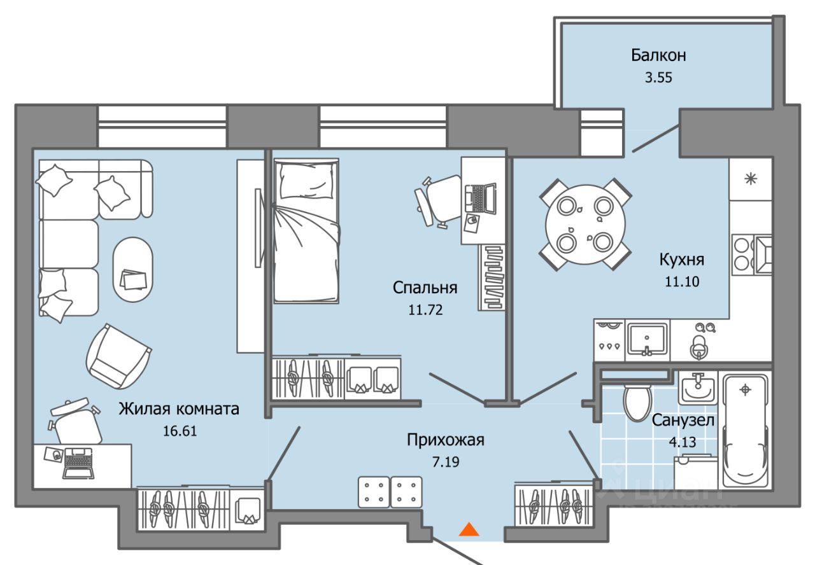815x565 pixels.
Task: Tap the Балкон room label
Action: [x=658, y=55]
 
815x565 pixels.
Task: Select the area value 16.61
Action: [x=180, y=431]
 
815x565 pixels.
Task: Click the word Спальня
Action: [x=425, y=288]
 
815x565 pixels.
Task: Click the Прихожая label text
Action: [x=446, y=440]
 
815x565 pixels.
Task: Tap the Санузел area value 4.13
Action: [x=683, y=442]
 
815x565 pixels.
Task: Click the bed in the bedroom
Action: [x=306, y=230]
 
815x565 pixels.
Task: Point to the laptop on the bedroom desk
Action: [x=481, y=198]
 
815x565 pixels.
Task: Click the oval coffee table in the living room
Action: [x=133, y=270]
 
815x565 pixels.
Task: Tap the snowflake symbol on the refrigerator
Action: [x=751, y=179]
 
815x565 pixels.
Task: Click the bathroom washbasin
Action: [x=698, y=387]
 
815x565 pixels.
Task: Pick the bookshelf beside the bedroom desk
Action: [x=492, y=277]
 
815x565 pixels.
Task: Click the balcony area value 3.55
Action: [x=658, y=78]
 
